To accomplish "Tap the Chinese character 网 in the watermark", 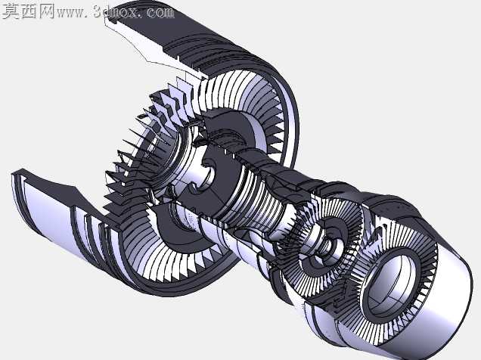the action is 46,11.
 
